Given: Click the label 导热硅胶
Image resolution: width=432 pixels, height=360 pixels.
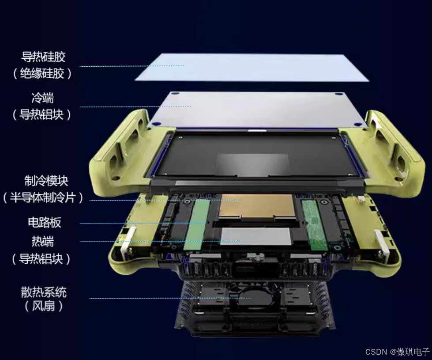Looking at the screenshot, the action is point(44,57).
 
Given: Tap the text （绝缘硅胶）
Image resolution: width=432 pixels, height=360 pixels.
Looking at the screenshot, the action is point(42,73).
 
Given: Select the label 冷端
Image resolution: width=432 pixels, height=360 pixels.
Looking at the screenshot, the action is point(42,98).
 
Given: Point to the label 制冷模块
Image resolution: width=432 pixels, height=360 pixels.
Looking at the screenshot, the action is point(46,181).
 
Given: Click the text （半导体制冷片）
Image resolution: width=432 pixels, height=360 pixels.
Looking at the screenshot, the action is point(43,197).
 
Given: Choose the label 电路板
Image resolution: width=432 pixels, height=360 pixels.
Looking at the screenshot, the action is point(45,222).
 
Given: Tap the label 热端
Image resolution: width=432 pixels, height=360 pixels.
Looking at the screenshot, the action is point(42,241).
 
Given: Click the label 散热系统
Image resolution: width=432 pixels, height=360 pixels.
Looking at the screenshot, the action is point(44,292).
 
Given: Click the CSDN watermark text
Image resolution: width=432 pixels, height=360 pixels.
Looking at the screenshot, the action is point(397,352).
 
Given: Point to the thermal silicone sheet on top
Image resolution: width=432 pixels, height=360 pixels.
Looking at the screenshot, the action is point(252,68).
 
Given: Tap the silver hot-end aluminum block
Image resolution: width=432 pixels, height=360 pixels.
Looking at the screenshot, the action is point(256,236).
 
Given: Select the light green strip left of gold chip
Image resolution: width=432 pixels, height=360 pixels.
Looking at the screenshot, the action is point(197,225).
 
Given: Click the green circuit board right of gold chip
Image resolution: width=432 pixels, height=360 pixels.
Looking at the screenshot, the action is point(314,225).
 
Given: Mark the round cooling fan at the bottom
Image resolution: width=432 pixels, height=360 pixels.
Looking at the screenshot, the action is point(253,298).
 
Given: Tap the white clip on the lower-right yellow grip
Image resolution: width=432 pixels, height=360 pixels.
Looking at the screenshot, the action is point(382,243).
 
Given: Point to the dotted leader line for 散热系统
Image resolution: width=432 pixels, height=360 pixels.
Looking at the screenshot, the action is point(170,298).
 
